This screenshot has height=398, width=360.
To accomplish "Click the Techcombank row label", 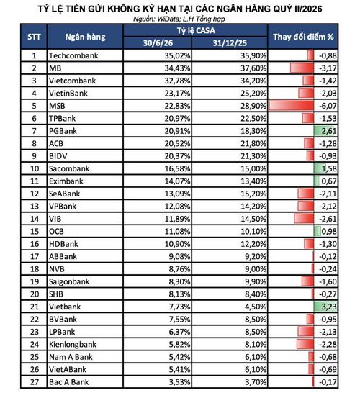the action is coord(73,55).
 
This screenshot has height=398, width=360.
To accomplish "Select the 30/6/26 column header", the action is coord(158,42).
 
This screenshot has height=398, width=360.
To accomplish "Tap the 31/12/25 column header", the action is coord(230,42).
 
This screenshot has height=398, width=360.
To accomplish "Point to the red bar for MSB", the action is coord(291,106).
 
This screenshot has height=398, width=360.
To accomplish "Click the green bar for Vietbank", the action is coord(325,307).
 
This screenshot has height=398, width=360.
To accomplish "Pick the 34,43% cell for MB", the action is coord(177,68).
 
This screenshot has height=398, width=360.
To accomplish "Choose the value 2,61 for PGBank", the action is coord(329,131).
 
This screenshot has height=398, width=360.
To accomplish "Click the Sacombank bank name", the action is coord(69,168).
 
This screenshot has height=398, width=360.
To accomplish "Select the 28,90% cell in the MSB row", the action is coord(253,106).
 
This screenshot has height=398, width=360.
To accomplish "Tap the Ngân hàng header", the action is coord(85,37).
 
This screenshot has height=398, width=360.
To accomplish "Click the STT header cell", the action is coord(34,37).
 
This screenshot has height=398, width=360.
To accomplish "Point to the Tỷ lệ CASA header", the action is coord(196,31).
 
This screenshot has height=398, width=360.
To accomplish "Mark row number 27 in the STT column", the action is coord(35,382).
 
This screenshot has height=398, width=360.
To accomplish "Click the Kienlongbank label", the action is coord(73,345).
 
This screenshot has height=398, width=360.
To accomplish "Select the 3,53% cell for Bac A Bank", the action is coord(179,382).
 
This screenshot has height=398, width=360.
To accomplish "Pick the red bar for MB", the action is coord(302,68).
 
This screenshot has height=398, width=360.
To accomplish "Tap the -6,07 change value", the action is coord(328,106).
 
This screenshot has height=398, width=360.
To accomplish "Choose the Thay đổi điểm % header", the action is coord(303,37).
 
